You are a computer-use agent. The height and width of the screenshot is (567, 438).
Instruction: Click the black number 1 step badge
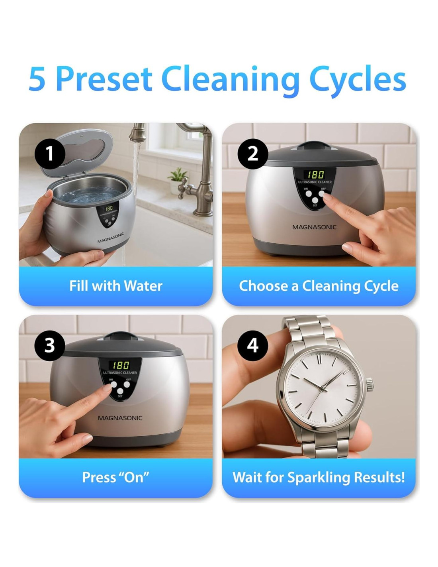[49, 154]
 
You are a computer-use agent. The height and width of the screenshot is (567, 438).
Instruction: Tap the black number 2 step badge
[252, 154]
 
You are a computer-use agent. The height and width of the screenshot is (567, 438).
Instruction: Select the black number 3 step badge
[49, 345]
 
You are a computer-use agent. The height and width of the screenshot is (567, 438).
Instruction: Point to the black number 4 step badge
[252, 345]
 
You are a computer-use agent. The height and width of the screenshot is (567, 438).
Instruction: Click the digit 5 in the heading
[37, 79]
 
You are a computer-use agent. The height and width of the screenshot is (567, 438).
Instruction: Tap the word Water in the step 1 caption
[143, 286]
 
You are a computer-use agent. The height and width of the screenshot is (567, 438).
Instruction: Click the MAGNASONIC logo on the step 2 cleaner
[314, 227]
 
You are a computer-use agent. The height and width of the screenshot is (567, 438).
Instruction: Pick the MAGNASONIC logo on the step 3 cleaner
[120, 418]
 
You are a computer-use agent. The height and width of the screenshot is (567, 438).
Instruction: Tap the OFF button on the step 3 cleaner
[127, 384]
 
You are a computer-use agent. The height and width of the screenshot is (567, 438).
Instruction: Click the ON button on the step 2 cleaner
[309, 194]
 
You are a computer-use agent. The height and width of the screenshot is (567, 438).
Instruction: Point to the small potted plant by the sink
[177, 181]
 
